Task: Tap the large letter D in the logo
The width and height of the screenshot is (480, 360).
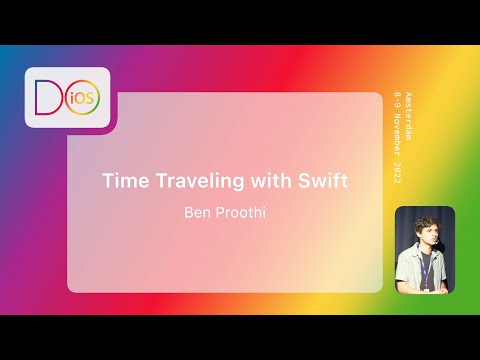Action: pos(47,98)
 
